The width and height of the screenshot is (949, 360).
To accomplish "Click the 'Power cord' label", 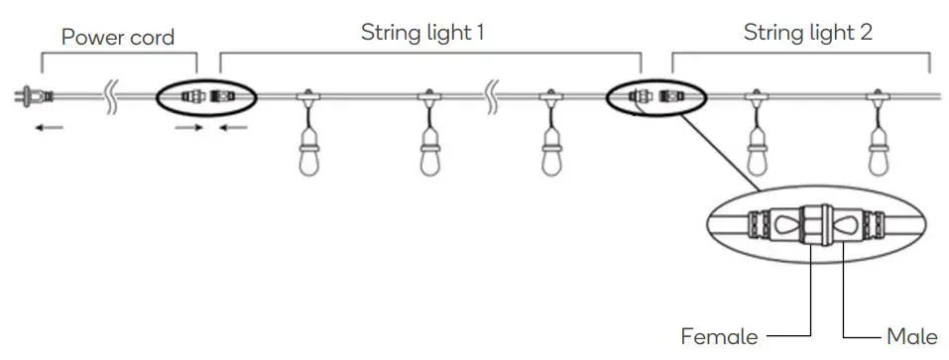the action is click(x=117, y=38).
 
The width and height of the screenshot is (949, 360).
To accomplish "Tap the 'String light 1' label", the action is click(x=421, y=32).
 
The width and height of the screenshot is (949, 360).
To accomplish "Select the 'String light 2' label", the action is click(x=808, y=32).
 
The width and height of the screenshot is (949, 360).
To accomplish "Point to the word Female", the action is click(x=719, y=336).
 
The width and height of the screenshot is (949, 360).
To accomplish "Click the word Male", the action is click(x=912, y=336).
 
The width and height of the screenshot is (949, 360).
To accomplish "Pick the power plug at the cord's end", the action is click(x=29, y=96).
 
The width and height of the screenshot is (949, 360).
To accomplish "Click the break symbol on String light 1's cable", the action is click(x=490, y=96).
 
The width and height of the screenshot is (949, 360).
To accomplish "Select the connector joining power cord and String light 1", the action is click(x=206, y=97).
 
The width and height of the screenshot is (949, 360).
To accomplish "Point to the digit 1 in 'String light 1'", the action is click(x=480, y=32).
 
